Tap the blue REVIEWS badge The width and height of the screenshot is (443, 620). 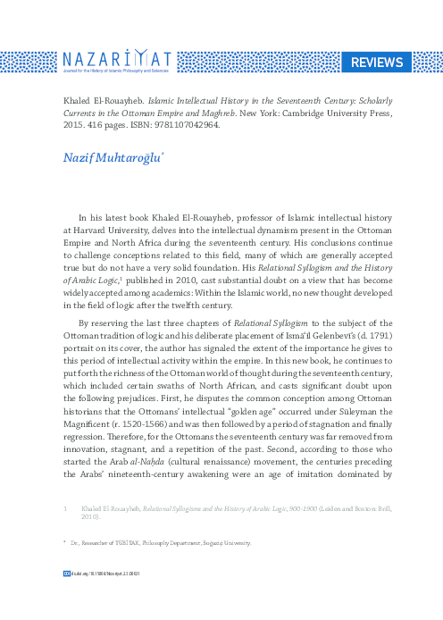point(375,62)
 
